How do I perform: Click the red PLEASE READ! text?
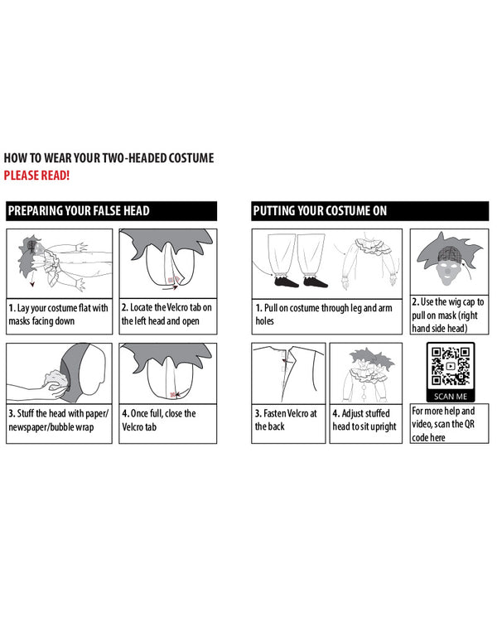[x=36, y=176]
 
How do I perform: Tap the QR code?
[x=451, y=366]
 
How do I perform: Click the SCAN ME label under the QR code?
[x=451, y=397]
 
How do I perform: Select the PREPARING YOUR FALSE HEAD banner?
[x=111, y=210]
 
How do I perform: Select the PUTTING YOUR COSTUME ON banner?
[x=369, y=210]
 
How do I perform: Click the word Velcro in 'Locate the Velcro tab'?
[x=177, y=307]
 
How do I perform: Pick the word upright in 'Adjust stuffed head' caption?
[x=384, y=427]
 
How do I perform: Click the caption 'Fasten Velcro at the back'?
[x=286, y=420]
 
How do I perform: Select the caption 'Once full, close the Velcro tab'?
[x=159, y=420]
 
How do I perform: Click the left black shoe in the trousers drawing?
[x=286, y=282]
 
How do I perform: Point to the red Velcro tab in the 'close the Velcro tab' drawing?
[x=173, y=395]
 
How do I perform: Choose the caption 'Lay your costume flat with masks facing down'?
[x=58, y=315]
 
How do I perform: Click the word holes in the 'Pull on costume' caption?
[x=264, y=320]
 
